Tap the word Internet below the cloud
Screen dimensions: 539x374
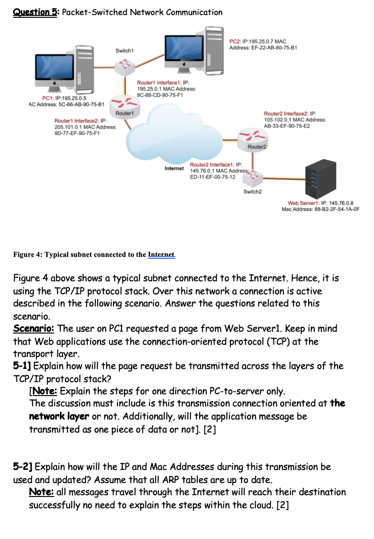pyautogui.click(x=174, y=169)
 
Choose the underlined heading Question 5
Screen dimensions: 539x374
pyautogui.click(x=35, y=12)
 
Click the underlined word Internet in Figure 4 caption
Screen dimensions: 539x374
pyautogui.click(x=161, y=255)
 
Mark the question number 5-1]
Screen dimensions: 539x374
pyautogui.click(x=22, y=366)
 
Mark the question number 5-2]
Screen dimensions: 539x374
pyautogui.click(x=22, y=467)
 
